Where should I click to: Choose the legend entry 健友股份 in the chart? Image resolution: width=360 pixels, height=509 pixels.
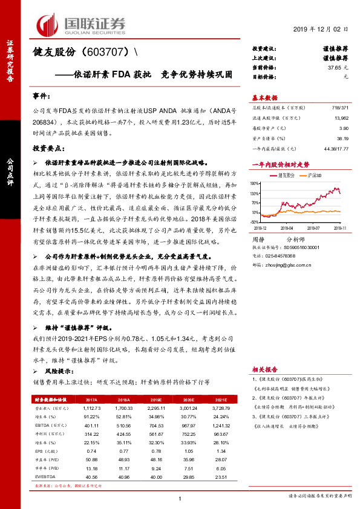click(x=286, y=173)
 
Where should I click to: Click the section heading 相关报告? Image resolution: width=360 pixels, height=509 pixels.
click(x=264, y=368)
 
